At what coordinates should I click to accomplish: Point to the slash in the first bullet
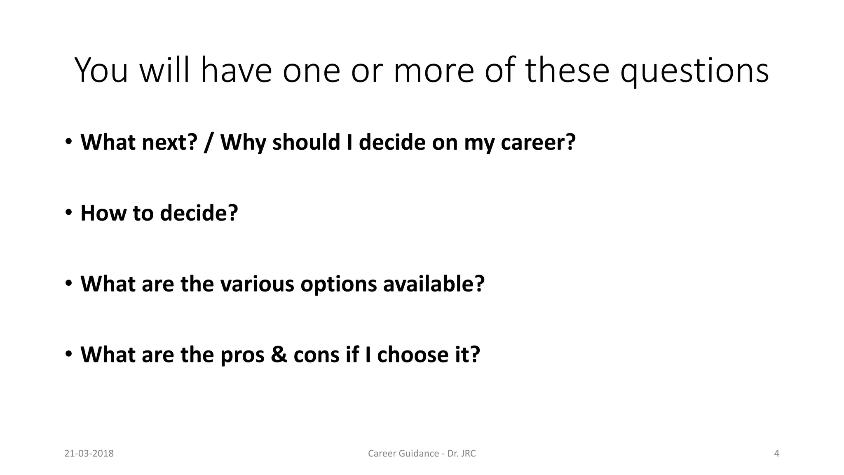pos(209,143)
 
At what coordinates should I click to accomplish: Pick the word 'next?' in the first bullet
pos(169,143)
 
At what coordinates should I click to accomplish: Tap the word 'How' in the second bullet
pos(103,213)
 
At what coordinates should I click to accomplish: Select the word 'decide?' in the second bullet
pos(199,213)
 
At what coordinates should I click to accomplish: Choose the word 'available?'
pos(434,284)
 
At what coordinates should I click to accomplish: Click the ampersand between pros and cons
pos(279,355)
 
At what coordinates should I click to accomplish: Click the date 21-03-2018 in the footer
pos(89,454)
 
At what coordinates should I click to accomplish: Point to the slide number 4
pos(777,454)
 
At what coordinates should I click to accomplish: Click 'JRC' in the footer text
pos(468,454)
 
